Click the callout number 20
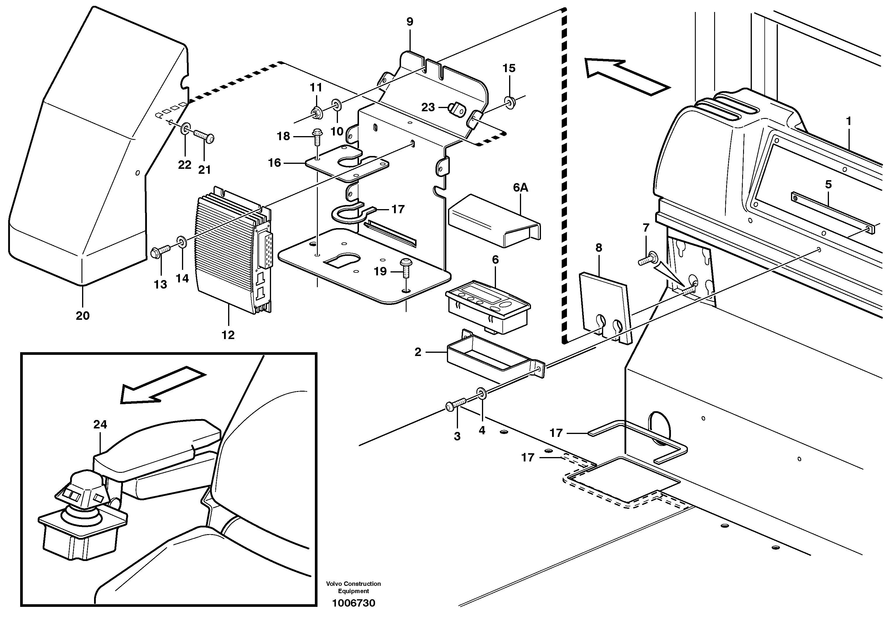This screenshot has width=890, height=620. [83, 316]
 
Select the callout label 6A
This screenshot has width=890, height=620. [521, 187]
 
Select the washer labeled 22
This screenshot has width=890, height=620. [185, 128]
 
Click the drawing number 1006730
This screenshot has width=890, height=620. [353, 603]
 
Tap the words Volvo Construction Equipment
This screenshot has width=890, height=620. [353, 587]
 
